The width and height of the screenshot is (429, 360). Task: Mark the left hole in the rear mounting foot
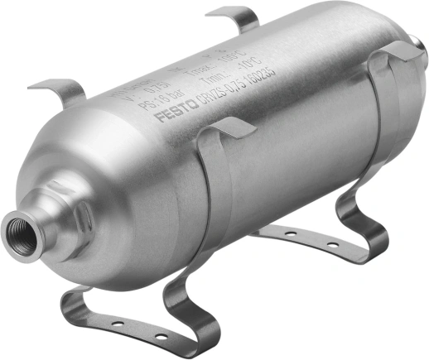click(x=291, y=234)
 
